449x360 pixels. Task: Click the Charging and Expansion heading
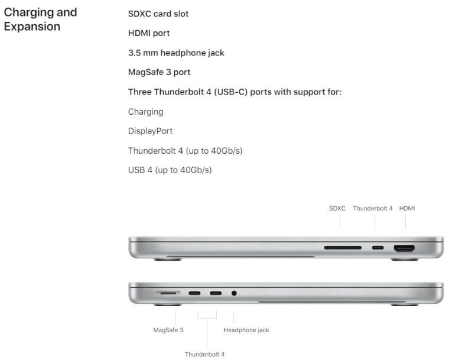point(40,19)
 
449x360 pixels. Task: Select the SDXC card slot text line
point(158,14)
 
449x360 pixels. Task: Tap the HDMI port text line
point(149,33)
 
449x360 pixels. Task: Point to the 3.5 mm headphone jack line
point(176,53)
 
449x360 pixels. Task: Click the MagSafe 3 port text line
point(159,72)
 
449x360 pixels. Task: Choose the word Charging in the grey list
point(145,112)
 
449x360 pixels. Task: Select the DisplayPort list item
point(150,131)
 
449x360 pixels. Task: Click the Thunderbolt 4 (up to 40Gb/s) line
point(186,151)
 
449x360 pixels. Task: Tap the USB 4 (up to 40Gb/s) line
point(170,170)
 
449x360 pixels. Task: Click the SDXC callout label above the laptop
point(337,209)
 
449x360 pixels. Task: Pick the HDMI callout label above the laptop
point(407,209)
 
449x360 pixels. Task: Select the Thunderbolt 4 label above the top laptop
point(373,209)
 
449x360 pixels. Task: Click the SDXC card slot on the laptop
point(343,248)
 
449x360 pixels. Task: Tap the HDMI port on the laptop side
point(404,248)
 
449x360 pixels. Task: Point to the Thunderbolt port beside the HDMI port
point(378,248)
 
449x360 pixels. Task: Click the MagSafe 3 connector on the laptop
point(168,293)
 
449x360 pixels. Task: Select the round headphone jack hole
point(234,293)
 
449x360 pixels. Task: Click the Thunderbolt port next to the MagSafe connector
point(194,293)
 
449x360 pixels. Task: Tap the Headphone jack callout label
point(246,330)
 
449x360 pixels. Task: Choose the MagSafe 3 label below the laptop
point(168,330)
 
